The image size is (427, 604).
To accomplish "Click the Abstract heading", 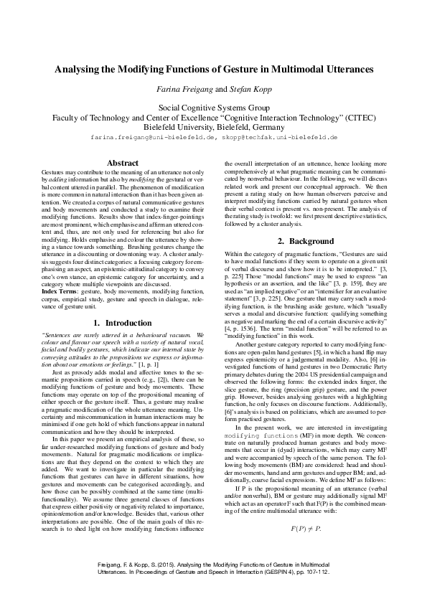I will pyautogui.click(x=122, y=163).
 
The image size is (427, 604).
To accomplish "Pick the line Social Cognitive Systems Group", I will pyautogui.click(x=213, y=106).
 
